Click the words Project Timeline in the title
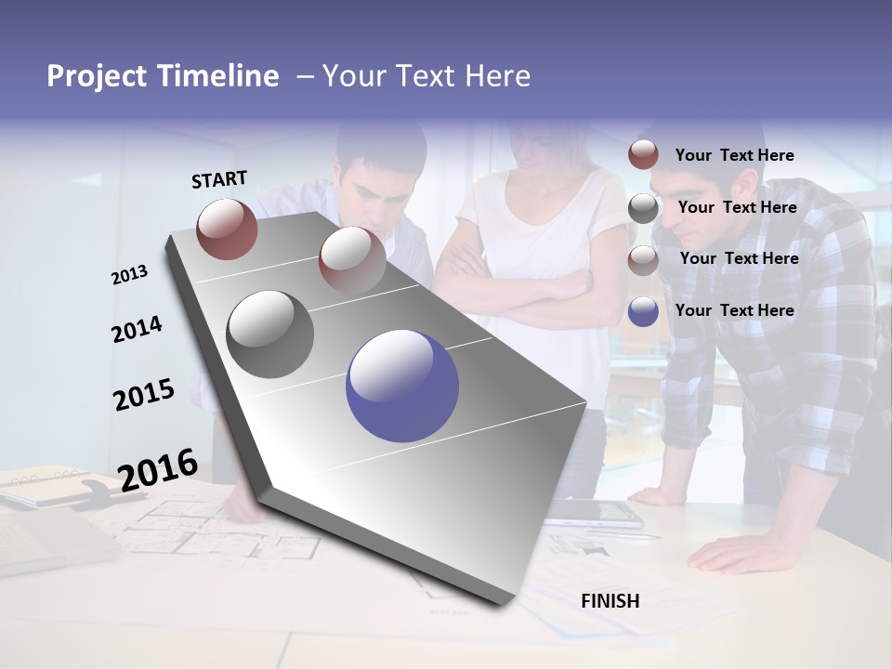point(163,76)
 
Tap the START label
point(219,179)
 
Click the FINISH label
point(610,601)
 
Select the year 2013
point(129,275)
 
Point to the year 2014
point(137,330)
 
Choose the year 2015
point(144,395)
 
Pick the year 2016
point(158,469)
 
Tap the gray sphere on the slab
point(270,334)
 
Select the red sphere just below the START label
point(227,229)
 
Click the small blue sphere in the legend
point(643,311)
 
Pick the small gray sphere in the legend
point(643,208)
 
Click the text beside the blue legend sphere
point(734,310)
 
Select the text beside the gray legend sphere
point(737,207)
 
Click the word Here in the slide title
point(497,76)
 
